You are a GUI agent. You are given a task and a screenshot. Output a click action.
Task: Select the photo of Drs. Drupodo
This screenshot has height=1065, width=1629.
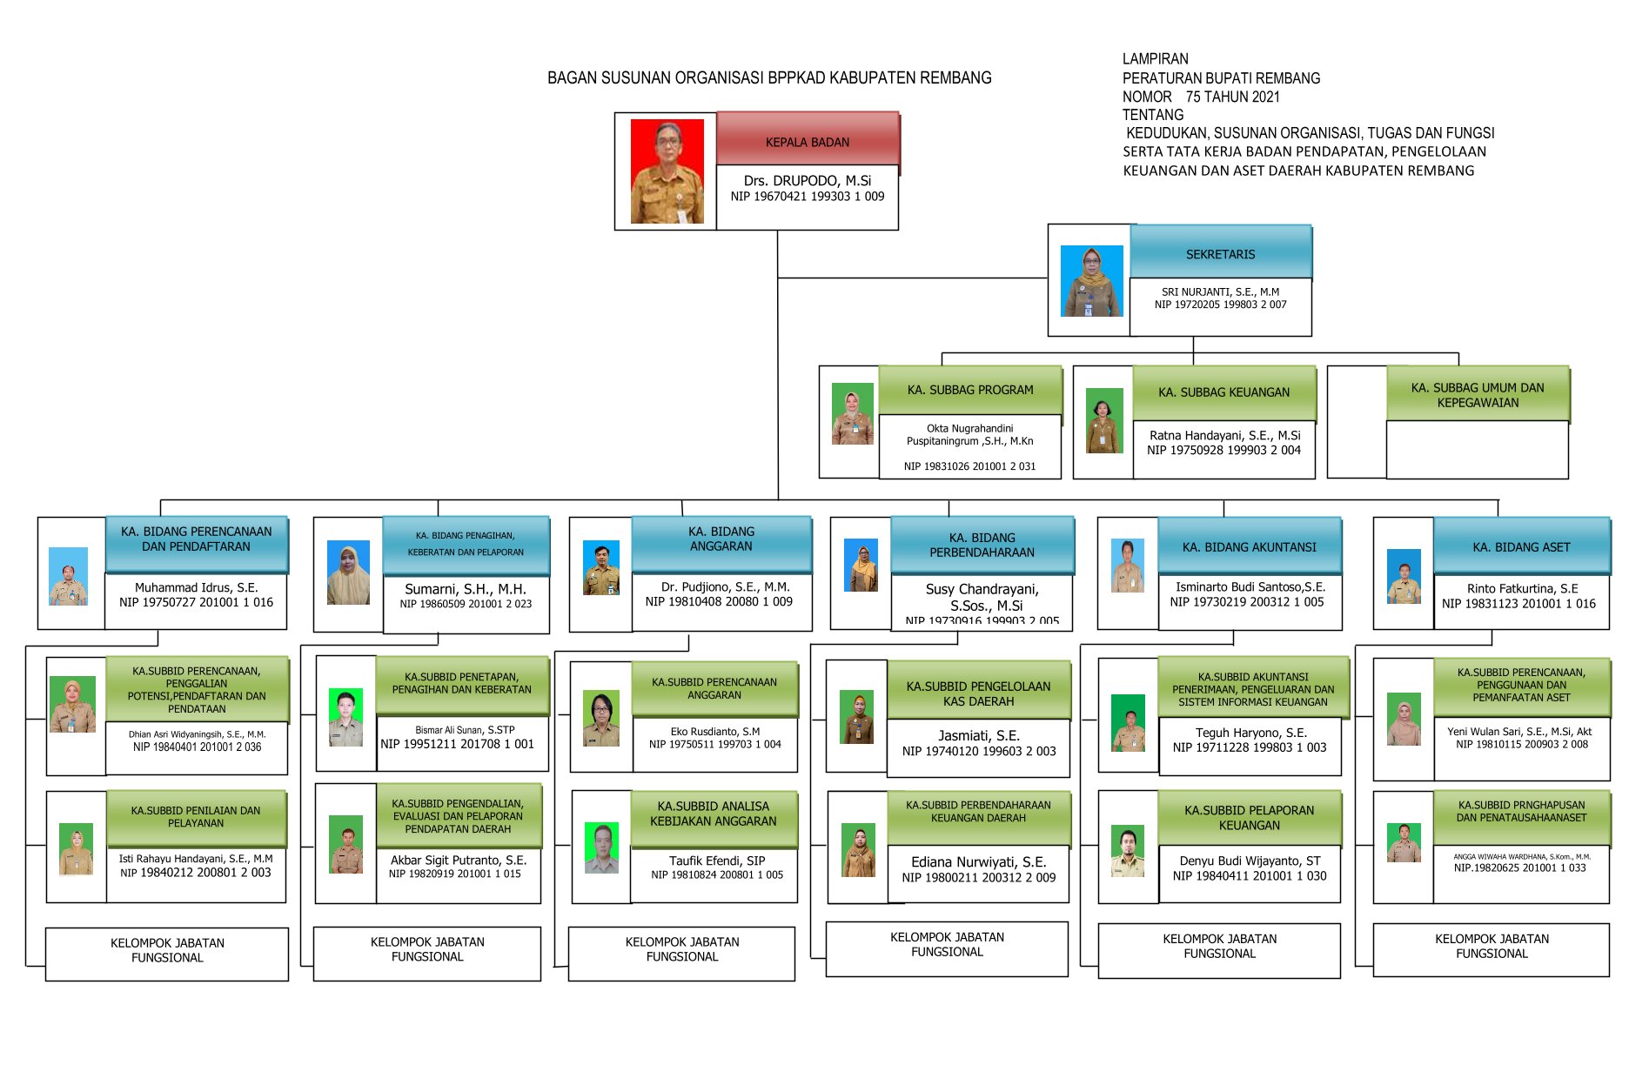[x=667, y=171]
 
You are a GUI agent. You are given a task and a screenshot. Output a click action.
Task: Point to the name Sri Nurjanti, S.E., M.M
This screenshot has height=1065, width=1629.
[x=1220, y=292]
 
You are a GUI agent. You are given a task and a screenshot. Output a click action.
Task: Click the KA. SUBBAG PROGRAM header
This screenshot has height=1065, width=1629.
[x=970, y=390]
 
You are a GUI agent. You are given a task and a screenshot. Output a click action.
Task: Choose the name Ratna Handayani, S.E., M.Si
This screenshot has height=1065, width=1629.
[x=1224, y=435]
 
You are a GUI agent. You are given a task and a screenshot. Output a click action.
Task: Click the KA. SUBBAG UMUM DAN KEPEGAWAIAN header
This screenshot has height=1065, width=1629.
[x=1478, y=395]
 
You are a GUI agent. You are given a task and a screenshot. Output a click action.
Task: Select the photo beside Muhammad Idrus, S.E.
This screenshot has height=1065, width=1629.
[x=68, y=576]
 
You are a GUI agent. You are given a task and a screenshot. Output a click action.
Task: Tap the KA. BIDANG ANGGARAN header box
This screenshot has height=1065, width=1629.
[x=721, y=539]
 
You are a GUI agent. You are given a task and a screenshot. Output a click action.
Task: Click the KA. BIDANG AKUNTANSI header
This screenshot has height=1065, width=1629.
[x=1249, y=547]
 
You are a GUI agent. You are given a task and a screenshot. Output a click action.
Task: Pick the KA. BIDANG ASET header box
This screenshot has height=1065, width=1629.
[x=1521, y=547]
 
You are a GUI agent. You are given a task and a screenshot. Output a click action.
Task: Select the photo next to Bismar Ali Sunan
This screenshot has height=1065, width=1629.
[x=345, y=717]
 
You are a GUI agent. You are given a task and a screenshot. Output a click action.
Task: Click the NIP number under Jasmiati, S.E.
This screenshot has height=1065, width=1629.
[x=979, y=752]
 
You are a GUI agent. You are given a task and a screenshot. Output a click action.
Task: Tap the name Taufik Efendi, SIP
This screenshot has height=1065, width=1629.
[x=717, y=861]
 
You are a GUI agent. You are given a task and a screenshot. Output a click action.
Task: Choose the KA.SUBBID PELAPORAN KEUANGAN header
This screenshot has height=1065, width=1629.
[x=1249, y=818]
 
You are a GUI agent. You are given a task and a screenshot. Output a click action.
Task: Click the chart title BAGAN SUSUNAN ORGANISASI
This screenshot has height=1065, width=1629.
[x=769, y=78]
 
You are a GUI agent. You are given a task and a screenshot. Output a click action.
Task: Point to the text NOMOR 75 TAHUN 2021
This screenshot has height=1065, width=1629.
[x=1201, y=97]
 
